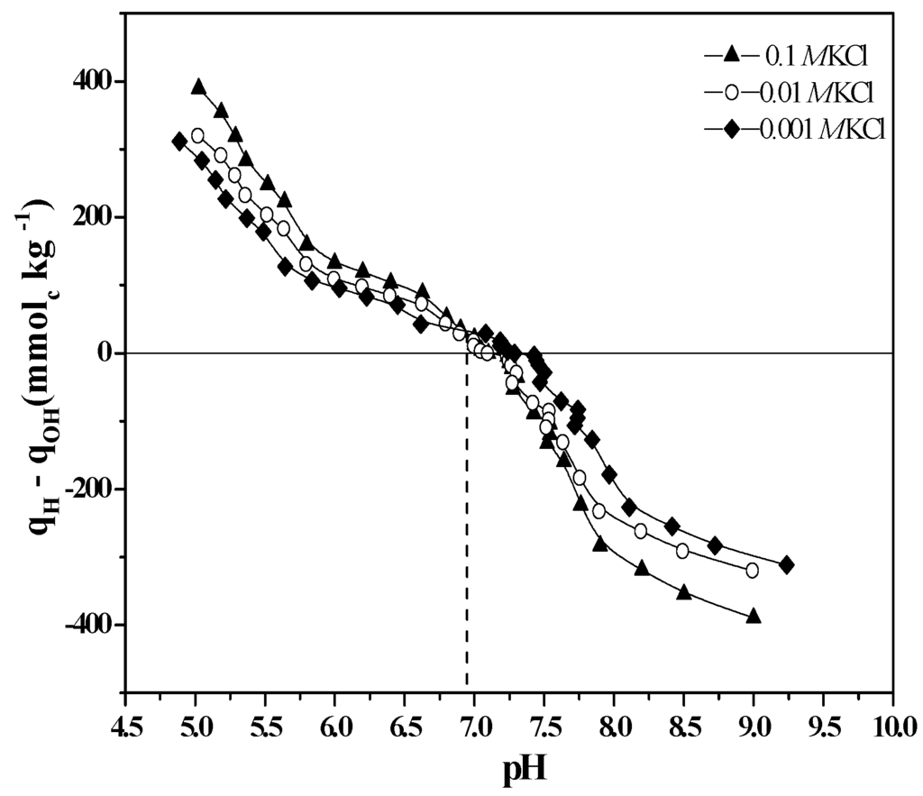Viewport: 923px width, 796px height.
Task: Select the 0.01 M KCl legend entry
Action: [793, 92]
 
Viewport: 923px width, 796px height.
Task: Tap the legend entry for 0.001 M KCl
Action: [793, 129]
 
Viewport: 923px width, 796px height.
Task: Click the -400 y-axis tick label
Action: [88, 625]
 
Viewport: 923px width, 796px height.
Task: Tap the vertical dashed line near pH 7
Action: [466, 541]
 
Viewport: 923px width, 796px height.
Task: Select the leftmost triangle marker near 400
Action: [198, 87]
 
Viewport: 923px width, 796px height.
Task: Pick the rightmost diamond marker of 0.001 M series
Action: [786, 564]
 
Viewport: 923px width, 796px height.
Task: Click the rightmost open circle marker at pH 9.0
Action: [752, 570]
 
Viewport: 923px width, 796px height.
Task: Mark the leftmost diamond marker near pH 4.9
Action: [179, 141]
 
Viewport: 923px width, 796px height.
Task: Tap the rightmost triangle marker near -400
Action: [754, 616]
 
